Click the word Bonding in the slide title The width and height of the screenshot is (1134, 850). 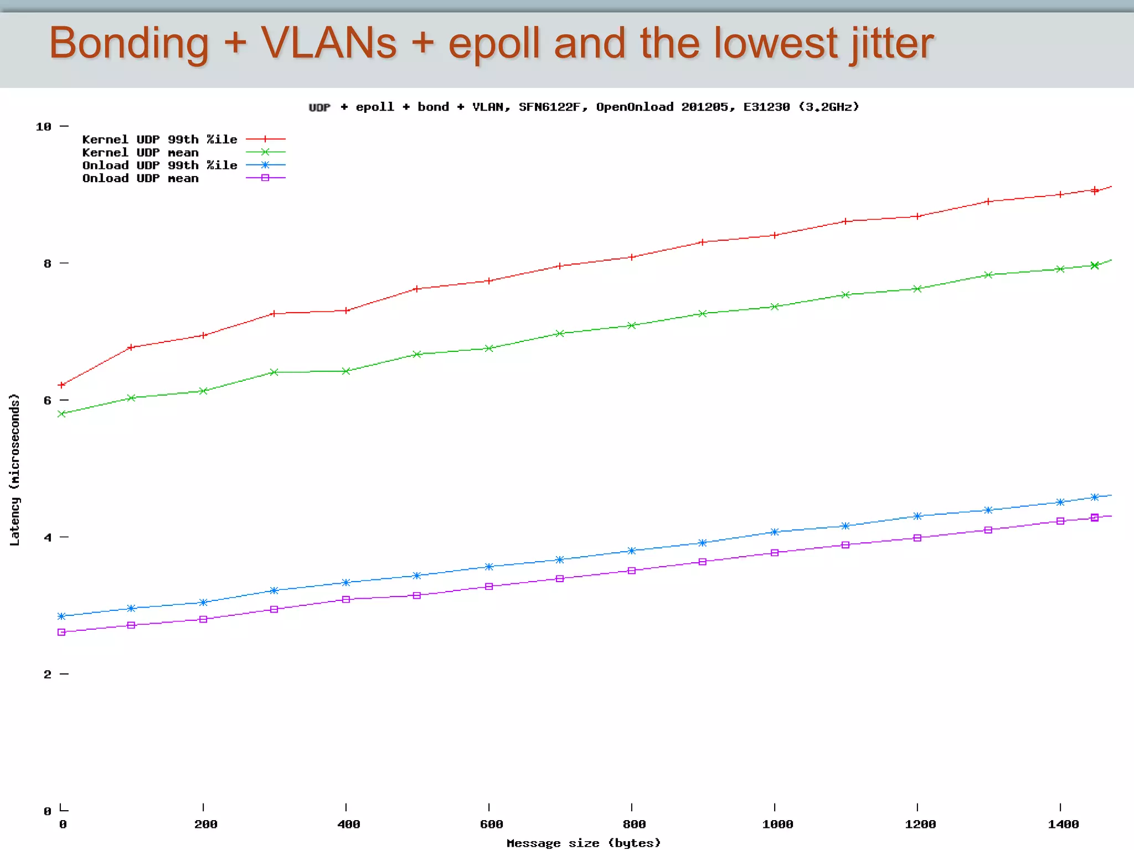tap(128, 44)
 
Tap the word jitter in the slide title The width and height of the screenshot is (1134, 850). tap(892, 44)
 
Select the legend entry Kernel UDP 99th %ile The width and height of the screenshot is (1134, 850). tap(159, 139)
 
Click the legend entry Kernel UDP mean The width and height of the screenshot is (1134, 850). tap(140, 153)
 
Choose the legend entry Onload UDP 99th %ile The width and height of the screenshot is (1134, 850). tap(159, 165)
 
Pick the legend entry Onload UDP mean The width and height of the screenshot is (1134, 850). tap(140, 178)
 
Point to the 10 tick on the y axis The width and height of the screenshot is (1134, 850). tap(43, 127)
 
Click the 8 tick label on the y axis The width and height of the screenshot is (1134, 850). tap(47, 263)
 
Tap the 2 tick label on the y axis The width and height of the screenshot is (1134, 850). tap(47, 674)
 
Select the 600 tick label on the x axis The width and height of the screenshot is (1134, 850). tap(491, 824)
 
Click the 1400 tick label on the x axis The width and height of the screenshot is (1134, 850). tap(1063, 824)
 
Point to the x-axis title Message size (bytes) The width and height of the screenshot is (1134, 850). tap(584, 842)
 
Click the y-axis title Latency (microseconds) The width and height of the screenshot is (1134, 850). tap(15, 469)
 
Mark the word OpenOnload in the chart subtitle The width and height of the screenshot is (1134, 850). tap(635, 107)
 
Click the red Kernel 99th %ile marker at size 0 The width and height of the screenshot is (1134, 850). tap(61, 385)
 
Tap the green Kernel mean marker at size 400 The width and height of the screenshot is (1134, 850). tap(346, 371)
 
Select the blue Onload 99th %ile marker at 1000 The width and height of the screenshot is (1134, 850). tap(775, 532)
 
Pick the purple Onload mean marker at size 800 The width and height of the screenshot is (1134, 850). tap(632, 571)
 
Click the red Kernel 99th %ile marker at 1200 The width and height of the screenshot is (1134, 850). tap(917, 216)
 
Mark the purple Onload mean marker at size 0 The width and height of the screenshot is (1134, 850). tap(61, 632)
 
